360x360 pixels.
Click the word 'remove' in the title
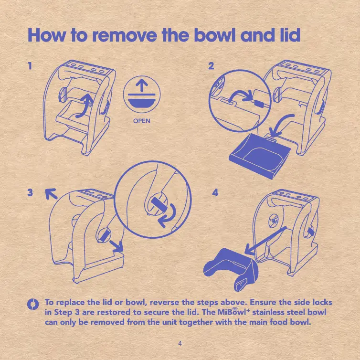click(124, 36)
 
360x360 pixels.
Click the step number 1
click(30, 66)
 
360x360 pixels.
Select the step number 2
click(211, 66)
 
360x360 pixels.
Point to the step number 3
click(30, 192)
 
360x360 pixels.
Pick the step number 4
click(215, 192)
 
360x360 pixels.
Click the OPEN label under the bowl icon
click(142, 121)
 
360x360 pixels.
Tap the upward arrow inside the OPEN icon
click(142, 85)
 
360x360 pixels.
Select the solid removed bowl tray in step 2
click(260, 156)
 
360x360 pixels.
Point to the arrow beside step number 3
click(51, 194)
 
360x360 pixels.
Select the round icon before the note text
click(33, 304)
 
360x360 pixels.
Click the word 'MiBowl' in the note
click(233, 312)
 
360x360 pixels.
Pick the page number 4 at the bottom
click(180, 343)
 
